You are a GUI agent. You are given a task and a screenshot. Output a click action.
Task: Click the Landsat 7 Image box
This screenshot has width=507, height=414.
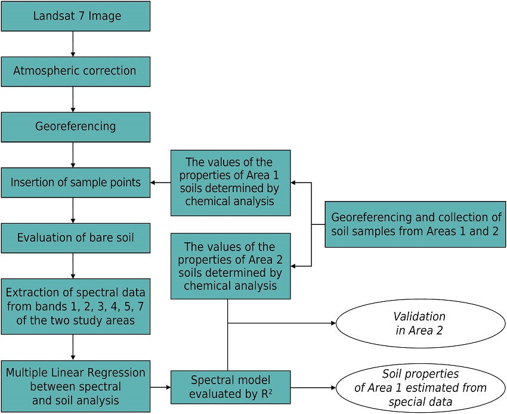[x=75, y=16]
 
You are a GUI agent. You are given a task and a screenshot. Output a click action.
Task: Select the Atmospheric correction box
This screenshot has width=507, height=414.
[x=75, y=71]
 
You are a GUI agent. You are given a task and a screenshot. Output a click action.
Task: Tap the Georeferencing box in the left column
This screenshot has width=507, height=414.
[x=75, y=126]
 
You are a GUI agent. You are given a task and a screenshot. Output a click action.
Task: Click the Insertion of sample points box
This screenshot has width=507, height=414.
[x=75, y=183]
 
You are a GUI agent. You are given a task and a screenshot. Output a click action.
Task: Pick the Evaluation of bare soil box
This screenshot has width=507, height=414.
[x=75, y=237]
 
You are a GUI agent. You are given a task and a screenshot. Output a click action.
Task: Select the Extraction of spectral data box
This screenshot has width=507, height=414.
[x=75, y=306]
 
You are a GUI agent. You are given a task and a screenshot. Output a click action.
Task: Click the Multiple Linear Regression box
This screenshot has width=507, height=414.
[x=75, y=386]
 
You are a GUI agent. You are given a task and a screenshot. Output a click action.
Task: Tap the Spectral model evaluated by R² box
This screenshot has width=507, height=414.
[x=230, y=386]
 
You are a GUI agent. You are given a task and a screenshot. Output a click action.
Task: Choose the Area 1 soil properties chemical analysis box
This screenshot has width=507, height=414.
[x=230, y=183]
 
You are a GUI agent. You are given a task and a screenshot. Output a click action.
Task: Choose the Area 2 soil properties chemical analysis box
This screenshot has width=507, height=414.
[x=230, y=265]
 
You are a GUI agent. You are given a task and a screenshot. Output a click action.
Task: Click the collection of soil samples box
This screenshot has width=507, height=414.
[x=416, y=224]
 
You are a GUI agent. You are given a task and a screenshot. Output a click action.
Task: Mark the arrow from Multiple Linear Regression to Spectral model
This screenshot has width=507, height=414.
[x=160, y=387]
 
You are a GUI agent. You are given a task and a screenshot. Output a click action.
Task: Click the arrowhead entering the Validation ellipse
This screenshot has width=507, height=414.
[x=332, y=323]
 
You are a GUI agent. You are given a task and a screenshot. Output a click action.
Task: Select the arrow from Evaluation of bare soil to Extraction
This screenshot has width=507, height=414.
[x=73, y=265]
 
